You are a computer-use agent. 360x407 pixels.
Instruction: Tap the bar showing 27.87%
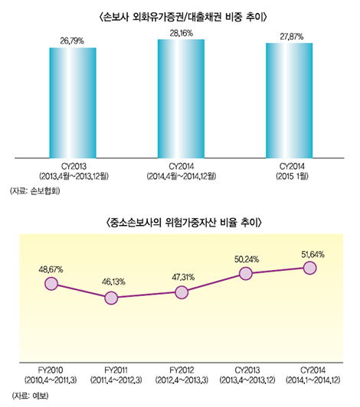tap(289, 99)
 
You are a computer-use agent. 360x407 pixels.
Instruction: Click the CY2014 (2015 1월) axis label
tap(290, 169)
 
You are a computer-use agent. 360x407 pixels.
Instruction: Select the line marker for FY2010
tap(51, 284)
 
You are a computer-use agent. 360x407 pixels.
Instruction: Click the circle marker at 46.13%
tap(115, 298)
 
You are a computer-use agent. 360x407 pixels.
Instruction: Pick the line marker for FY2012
tap(181, 292)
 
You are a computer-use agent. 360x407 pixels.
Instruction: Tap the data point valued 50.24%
tap(245, 273)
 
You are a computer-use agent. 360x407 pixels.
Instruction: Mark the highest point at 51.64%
tap(309, 267)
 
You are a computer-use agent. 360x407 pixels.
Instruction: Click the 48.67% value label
tap(51, 269)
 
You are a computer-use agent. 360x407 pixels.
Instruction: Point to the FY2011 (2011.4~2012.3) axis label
tap(116, 375)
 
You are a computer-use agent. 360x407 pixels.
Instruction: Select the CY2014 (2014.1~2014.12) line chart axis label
tap(310, 375)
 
